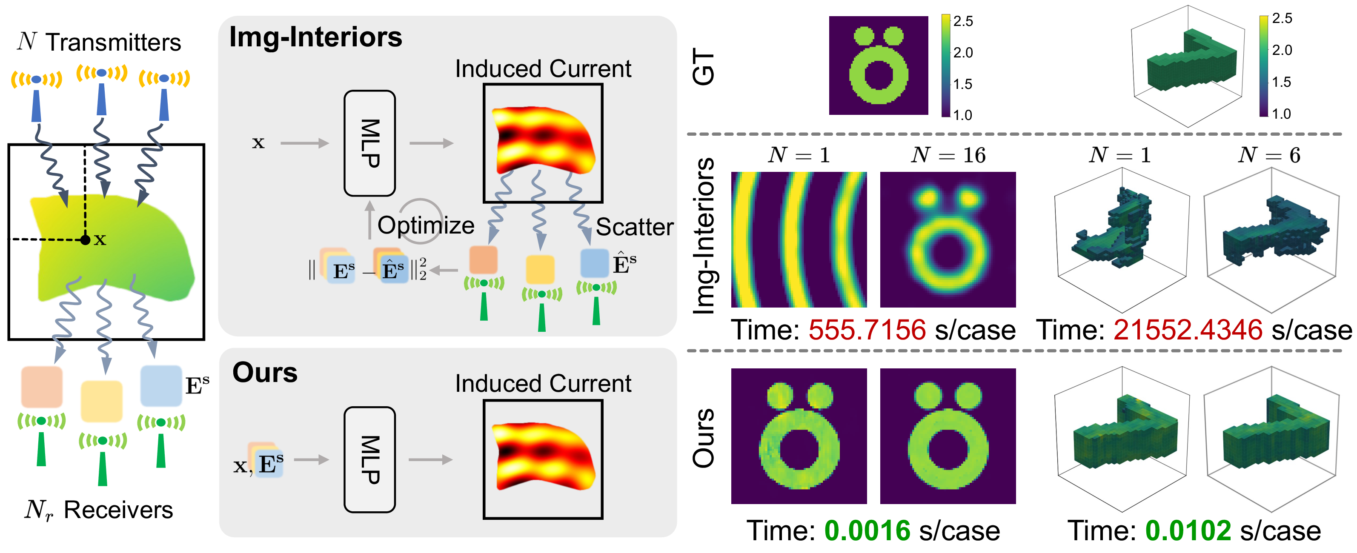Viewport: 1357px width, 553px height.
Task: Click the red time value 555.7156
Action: [x=867, y=330]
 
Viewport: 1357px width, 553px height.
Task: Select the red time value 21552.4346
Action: [x=1188, y=330]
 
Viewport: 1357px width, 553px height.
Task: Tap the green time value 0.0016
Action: [x=867, y=530]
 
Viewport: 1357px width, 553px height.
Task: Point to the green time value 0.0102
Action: [x=1188, y=530]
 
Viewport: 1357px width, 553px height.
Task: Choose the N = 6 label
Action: [x=1268, y=155]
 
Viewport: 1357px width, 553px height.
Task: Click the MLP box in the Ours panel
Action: [x=369, y=459]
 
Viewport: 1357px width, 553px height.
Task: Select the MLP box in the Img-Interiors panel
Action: [x=369, y=143]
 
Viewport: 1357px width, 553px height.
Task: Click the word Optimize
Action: [x=426, y=225]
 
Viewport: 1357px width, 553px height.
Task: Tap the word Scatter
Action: [x=634, y=227]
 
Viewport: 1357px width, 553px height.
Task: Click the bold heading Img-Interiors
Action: [x=315, y=37]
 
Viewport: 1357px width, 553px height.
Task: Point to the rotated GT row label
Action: [x=703, y=66]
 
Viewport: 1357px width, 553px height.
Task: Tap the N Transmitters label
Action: [x=99, y=42]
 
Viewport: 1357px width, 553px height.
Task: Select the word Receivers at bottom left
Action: [x=118, y=510]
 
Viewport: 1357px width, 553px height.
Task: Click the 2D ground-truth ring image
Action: [x=878, y=66]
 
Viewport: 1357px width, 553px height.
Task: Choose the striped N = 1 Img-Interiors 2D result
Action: [x=799, y=239]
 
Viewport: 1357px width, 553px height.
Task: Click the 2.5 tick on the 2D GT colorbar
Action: [x=962, y=21]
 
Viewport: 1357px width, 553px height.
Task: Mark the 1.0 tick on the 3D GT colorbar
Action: [x=1281, y=114]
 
